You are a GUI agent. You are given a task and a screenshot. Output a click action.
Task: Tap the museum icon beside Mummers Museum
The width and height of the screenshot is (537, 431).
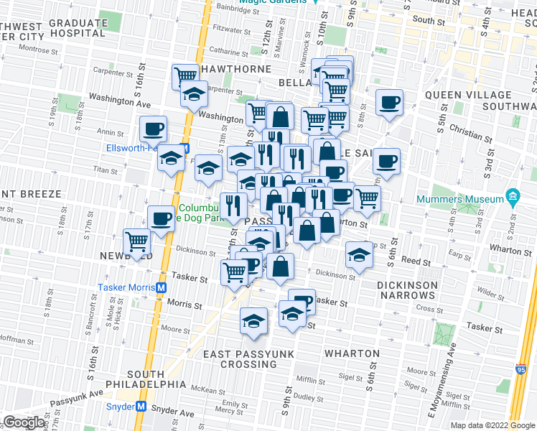(x=512, y=195)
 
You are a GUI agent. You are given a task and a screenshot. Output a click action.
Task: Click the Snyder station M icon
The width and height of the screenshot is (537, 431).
(x=141, y=407)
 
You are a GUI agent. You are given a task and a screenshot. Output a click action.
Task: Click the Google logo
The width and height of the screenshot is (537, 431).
(x=24, y=422)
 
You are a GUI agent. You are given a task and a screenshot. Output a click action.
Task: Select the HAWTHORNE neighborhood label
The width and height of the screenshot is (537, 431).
(x=237, y=70)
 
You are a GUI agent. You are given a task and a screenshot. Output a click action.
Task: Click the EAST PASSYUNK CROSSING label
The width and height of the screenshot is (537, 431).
(x=239, y=359)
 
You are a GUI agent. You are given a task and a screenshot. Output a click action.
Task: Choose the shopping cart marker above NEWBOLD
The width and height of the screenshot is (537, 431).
(x=136, y=241)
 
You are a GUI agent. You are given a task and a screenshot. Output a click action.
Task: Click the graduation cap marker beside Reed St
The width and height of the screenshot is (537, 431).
(x=359, y=254)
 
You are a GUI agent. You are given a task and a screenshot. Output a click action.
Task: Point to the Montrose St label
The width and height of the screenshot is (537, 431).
(x=37, y=49)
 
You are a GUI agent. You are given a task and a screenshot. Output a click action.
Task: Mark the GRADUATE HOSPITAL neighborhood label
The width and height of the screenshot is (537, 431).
(x=78, y=28)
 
